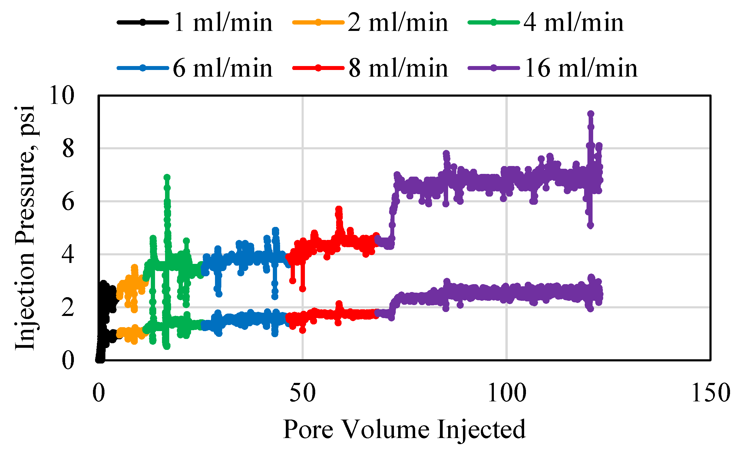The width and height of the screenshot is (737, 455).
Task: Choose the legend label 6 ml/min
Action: coord(223,68)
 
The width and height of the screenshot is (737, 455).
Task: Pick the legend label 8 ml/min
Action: coord(398,68)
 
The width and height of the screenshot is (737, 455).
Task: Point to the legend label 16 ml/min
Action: coord(581,68)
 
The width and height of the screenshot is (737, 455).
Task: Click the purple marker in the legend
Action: coord(494,68)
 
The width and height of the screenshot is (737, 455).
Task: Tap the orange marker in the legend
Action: coord(318,22)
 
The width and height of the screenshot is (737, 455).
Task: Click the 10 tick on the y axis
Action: coord(61,96)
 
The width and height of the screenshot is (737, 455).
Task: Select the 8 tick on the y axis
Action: coord(68,148)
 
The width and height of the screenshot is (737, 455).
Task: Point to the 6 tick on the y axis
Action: coord(68,202)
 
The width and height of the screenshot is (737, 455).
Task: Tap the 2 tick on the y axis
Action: coord(68,307)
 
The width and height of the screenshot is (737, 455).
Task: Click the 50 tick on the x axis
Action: coord(302,393)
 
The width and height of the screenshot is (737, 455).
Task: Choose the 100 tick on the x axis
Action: coord(507,393)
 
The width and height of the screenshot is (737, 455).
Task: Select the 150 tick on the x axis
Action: coord(710,393)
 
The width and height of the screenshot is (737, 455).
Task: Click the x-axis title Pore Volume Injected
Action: coord(404,430)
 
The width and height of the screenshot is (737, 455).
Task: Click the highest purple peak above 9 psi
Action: coord(590,114)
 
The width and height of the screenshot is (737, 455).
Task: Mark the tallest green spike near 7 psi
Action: coord(167,177)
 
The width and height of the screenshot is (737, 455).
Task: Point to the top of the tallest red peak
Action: coord(339,209)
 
